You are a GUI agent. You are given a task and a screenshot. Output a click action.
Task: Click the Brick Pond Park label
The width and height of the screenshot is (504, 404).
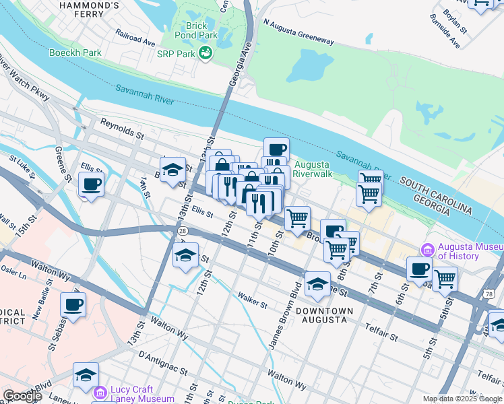pyautogui.click(x=197, y=31)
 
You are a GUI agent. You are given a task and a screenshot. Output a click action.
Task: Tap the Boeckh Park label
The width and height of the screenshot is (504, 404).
pyautogui.click(x=75, y=52)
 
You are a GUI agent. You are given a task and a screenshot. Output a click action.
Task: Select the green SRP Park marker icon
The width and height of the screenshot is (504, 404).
pyautogui.click(x=206, y=53)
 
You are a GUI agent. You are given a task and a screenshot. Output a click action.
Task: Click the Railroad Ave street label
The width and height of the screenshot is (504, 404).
pyautogui.click(x=135, y=36)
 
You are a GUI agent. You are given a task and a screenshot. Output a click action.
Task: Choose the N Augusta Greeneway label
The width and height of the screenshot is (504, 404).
pyautogui.click(x=298, y=32)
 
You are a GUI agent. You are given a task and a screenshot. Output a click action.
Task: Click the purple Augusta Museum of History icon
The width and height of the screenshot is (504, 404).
pyautogui.click(x=427, y=250)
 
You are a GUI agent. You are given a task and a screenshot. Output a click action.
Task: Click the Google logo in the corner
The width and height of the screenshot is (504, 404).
pyautogui.click(x=22, y=396)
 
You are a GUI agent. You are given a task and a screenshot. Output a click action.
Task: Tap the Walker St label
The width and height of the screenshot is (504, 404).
pyautogui.click(x=252, y=300)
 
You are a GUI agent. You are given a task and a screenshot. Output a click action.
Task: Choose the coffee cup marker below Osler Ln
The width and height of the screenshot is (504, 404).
pyautogui.click(x=73, y=304)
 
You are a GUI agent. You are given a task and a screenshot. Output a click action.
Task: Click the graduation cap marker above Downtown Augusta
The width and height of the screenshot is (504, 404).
pyautogui.click(x=317, y=284)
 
